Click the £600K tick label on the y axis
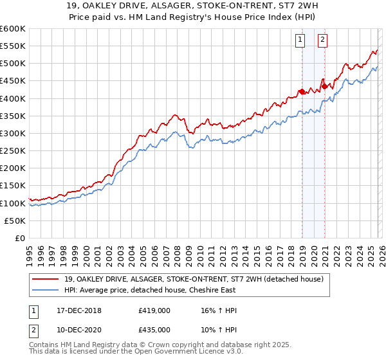coord(13,29)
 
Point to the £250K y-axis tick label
coord(13,150)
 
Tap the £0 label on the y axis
coord(20,238)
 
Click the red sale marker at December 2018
coord(302,91)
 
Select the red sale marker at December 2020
coord(325,85)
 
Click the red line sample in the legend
coord(42,278)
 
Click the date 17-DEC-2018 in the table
coord(77,310)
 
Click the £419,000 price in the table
coord(153,310)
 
